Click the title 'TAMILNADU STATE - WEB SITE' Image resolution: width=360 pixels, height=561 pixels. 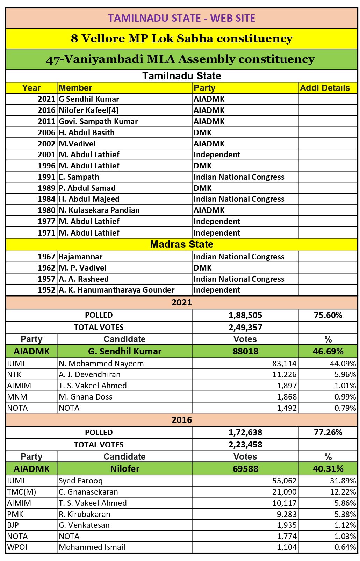pyautogui.click(x=181, y=18)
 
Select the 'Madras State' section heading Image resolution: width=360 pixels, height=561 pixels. pyautogui.click(x=181, y=244)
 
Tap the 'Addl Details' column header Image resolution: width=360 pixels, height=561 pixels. pyautogui.click(x=325, y=88)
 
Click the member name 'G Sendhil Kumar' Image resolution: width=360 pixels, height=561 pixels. pyautogui.click(x=89, y=99)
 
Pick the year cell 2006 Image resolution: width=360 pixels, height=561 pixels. pyautogui.click(x=46, y=132)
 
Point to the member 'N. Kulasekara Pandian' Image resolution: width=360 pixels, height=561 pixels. pyautogui.click(x=99, y=210)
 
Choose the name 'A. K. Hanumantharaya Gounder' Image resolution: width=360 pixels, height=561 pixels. pyautogui.click(x=117, y=290)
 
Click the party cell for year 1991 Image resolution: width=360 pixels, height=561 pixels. pyautogui.click(x=239, y=177)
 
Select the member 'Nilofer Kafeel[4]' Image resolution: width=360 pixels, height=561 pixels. pyautogui.click(x=89, y=110)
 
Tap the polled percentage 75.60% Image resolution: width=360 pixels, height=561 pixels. pyautogui.click(x=328, y=315)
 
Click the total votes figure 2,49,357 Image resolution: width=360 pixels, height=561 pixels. pyautogui.click(x=245, y=328)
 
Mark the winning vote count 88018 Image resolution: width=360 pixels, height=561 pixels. pyautogui.click(x=245, y=351)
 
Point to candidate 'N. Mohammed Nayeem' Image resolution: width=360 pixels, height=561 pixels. pyautogui.click(x=101, y=364)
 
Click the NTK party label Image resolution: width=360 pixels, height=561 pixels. pyautogui.click(x=14, y=375)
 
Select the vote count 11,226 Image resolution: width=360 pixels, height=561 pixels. pyautogui.click(x=285, y=375)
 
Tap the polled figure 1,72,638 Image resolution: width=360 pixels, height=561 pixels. pyautogui.click(x=245, y=432)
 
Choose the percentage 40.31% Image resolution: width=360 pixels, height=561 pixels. pyautogui.click(x=328, y=469)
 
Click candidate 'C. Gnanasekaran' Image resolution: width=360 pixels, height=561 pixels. pyautogui.click(x=88, y=492)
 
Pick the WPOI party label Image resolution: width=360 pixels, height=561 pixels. pyautogui.click(x=17, y=547)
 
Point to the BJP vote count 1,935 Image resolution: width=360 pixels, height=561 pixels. pyautogui.click(x=287, y=525)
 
